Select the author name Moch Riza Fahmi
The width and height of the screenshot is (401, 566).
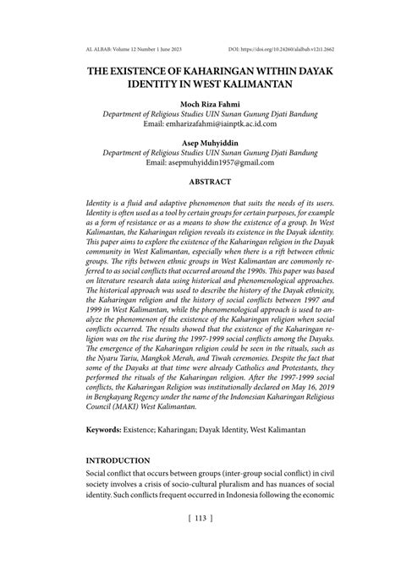pyautogui.click(x=200, y=102)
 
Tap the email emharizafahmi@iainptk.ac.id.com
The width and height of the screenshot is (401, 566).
pyautogui.click(x=200, y=122)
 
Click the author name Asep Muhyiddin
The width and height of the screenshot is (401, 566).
pyautogui.click(x=200, y=142)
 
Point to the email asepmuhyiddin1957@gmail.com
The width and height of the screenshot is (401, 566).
pyautogui.click(x=200, y=162)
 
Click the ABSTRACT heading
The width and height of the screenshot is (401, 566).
pyautogui.click(x=200, y=181)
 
